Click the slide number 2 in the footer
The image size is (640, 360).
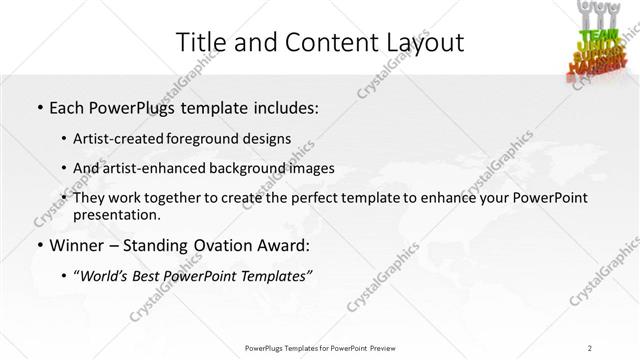click(591, 348)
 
